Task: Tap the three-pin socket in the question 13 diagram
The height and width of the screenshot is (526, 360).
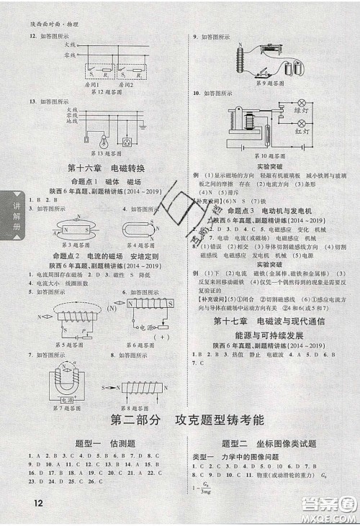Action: (x=129, y=140)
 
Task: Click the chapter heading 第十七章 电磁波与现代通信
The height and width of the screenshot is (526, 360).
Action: (x=271, y=322)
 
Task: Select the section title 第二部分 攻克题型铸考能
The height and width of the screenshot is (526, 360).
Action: (x=179, y=421)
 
